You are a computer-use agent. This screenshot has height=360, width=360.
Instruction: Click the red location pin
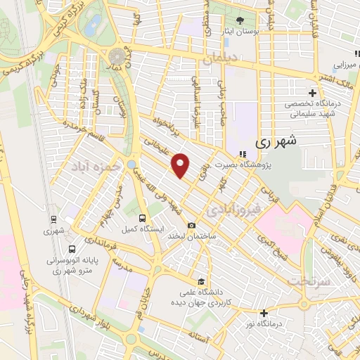click(181, 165)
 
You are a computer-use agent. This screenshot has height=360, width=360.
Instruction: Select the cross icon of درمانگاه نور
click(264, 313)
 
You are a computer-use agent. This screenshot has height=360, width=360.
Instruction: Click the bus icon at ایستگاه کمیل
click(143, 218)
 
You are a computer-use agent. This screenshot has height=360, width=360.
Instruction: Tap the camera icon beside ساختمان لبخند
click(191, 225)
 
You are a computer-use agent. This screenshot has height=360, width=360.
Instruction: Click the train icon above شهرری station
click(53, 219)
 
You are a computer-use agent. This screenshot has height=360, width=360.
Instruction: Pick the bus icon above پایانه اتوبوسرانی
click(72, 249)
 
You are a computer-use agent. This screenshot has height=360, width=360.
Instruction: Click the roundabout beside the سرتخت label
click(304, 304)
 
